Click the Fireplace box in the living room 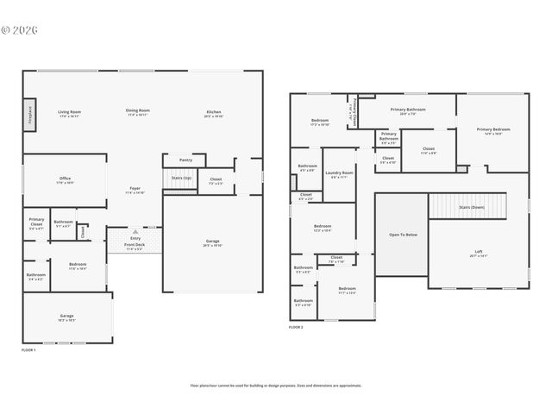[29, 114]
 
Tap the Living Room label [69, 112]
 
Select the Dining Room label [138, 110]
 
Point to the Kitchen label [214, 112]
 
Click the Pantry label [185, 160]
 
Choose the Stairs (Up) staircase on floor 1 [180, 179]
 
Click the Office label [65, 179]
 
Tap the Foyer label [135, 189]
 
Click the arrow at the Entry [135, 232]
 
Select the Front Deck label [135, 245]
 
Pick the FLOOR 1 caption [28, 350]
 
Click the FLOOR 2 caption [296, 328]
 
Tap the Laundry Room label [339, 172]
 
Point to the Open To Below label [403, 235]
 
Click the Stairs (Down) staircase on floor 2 [471, 207]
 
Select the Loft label [479, 253]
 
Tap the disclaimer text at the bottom [276, 386]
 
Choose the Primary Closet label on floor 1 [36, 221]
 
